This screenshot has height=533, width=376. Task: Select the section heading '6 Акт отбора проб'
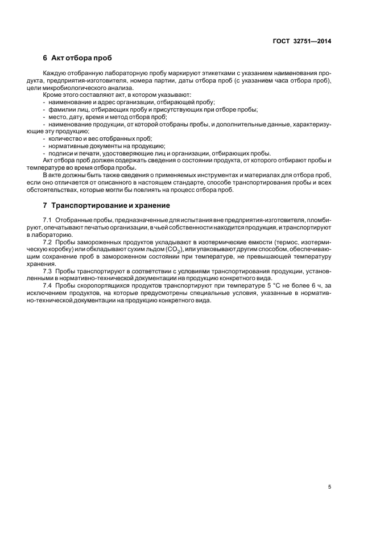click(x=77, y=59)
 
